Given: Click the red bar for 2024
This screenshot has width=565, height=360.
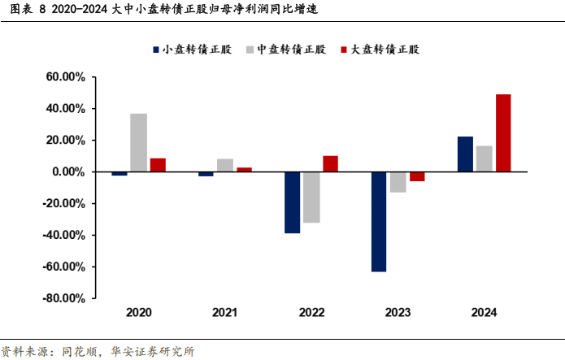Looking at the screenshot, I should pyautogui.click(x=503, y=133).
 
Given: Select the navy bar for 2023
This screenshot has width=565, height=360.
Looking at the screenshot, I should pyautogui.click(x=379, y=221).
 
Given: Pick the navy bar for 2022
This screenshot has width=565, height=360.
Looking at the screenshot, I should pyautogui.click(x=292, y=202).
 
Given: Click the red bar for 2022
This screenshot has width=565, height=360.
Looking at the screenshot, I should pyautogui.click(x=330, y=163).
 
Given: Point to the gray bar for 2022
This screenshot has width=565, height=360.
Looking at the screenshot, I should pyautogui.click(x=311, y=197).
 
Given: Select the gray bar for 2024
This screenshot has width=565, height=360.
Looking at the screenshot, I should pyautogui.click(x=485, y=158).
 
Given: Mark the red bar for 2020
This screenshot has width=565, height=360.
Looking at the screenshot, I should pyautogui.click(x=158, y=165).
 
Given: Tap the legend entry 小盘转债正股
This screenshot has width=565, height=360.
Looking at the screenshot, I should pyautogui.click(x=192, y=50).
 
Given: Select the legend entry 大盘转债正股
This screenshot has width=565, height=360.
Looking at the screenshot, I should pyautogui.click(x=379, y=50).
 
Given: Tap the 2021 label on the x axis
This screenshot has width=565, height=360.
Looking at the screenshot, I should pyautogui.click(x=225, y=313).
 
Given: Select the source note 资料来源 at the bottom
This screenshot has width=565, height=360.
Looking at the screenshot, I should pyautogui.click(x=98, y=352).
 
